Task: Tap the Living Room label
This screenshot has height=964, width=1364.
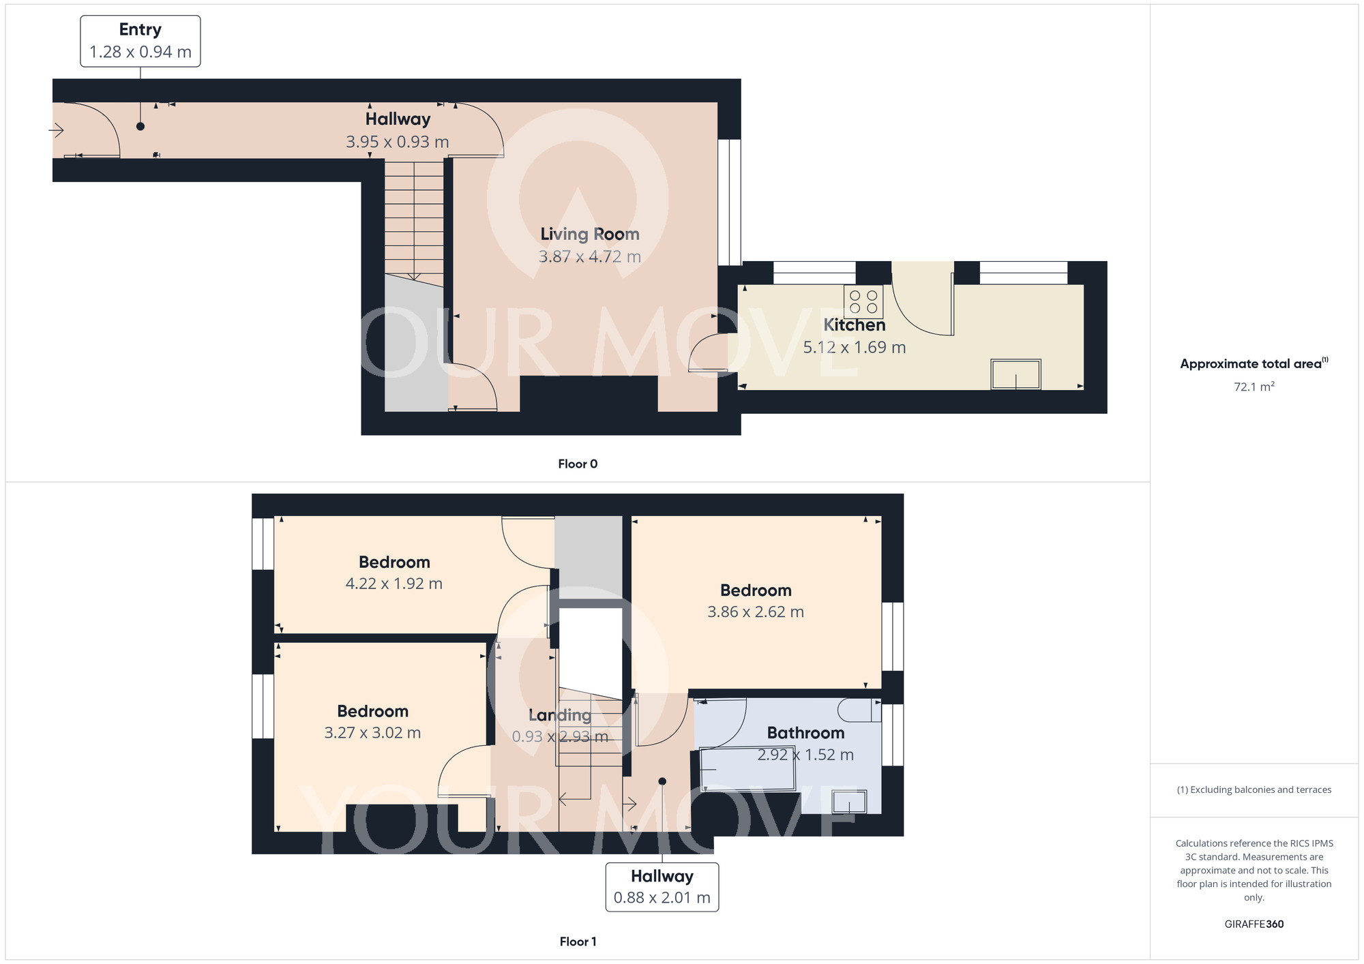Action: (x=590, y=234)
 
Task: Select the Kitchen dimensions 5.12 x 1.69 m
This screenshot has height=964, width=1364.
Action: (x=855, y=347)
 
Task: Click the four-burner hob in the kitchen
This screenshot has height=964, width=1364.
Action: (x=863, y=301)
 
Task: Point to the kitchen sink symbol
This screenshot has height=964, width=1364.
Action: (x=1016, y=374)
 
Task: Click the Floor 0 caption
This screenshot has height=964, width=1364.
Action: (x=578, y=464)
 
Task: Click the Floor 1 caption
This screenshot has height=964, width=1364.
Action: (x=578, y=942)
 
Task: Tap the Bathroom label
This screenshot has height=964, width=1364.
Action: (x=805, y=733)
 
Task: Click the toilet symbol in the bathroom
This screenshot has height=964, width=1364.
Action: (x=859, y=710)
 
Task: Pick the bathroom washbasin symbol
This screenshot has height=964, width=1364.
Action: (x=850, y=802)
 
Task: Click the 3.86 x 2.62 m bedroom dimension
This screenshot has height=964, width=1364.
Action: (x=756, y=612)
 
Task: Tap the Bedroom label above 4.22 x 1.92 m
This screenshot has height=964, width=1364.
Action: (x=394, y=562)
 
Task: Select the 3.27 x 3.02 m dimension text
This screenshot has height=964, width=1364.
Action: (x=372, y=732)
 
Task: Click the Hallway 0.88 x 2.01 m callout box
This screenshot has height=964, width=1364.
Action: (x=662, y=887)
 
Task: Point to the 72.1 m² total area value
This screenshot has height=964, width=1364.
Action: (x=1254, y=387)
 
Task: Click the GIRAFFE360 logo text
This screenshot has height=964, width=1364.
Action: (x=1254, y=924)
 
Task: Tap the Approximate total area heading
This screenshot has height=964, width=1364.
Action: (x=1254, y=363)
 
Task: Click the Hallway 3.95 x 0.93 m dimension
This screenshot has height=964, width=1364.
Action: (x=398, y=142)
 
